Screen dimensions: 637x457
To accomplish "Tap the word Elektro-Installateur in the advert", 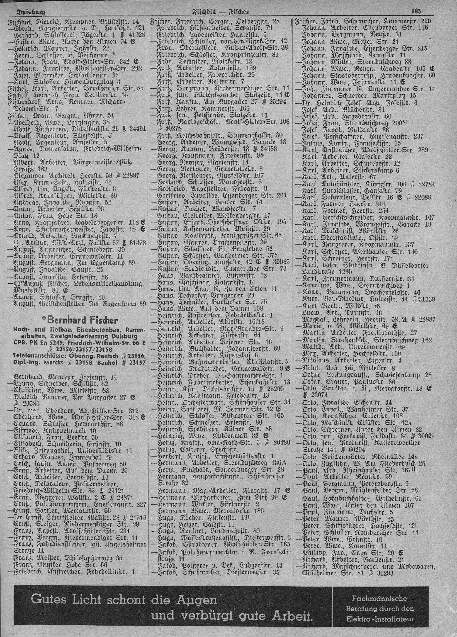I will point(380,618).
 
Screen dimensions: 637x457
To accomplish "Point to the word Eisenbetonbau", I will point(99,331).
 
